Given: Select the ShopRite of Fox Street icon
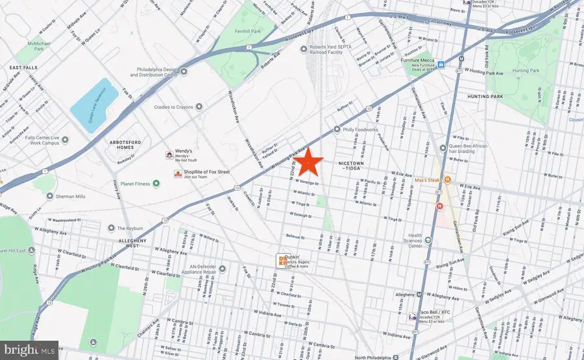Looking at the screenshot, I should [x=176, y=173].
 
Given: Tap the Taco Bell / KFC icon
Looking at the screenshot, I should [x=411, y=317].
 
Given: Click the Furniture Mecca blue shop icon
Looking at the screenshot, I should [x=441, y=65].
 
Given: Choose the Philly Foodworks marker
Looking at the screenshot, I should [x=337, y=128].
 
